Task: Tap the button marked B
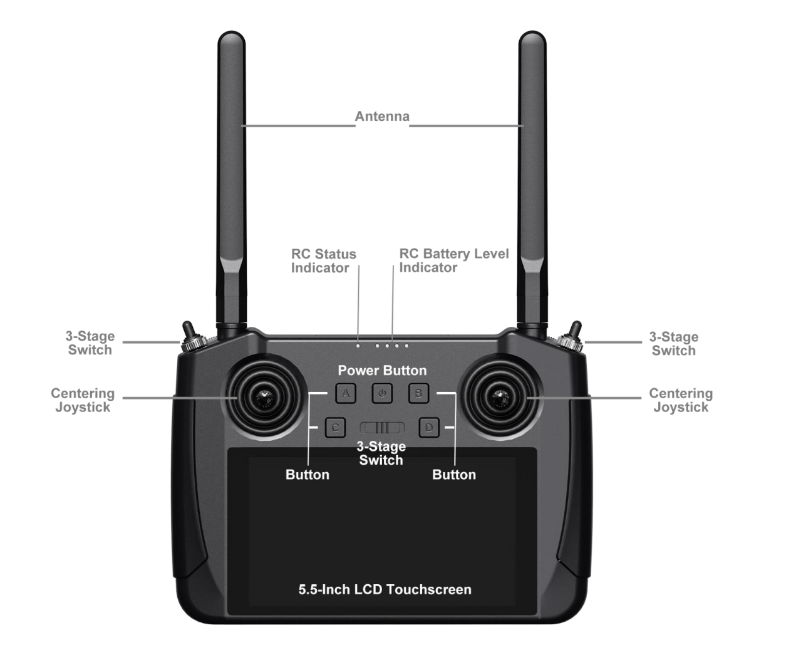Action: coord(418,393)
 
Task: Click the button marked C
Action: coord(335,428)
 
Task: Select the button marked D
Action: coord(428,428)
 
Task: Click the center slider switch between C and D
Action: coord(382,428)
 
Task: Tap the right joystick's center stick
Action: coord(500,398)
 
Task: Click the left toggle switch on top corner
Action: coord(192,338)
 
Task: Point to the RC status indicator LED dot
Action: coord(358,346)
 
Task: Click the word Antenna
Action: coord(382,116)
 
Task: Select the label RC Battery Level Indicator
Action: coord(453,260)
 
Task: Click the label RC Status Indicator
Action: coord(324,261)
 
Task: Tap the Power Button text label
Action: coord(382,370)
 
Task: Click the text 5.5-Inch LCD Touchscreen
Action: coord(385,589)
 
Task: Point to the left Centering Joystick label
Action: coord(83,400)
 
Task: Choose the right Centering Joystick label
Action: coord(681,400)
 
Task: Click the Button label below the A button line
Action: coord(308,475)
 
